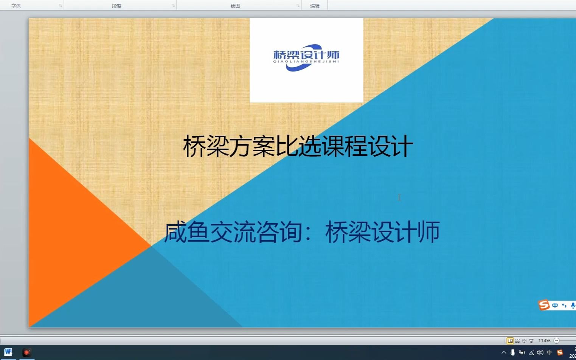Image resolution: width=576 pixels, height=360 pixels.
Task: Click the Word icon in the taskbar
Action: click(x=8, y=352)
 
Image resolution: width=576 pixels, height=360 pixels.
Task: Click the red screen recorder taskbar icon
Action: click(x=26, y=352)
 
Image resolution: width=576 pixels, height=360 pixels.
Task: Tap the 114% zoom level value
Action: click(x=544, y=341)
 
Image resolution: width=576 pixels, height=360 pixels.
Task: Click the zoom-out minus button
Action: click(x=556, y=341)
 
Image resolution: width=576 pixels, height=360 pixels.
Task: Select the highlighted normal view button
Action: click(x=510, y=341)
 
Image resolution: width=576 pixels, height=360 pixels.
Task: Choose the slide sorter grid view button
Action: click(x=517, y=341)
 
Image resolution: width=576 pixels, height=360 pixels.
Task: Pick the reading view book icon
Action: click(x=524, y=341)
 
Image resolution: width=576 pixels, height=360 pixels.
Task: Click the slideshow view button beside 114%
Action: click(x=531, y=341)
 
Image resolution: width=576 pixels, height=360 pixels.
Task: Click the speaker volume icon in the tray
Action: click(x=540, y=352)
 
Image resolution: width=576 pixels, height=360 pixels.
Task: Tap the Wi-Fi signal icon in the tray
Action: click(x=531, y=352)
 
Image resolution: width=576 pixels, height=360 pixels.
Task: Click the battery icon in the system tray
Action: click(x=522, y=352)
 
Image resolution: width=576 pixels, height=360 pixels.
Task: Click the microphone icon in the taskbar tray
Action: click(x=513, y=352)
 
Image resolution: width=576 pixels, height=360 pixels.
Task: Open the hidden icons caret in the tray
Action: click(x=504, y=352)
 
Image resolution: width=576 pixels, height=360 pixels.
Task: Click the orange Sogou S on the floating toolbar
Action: click(x=544, y=305)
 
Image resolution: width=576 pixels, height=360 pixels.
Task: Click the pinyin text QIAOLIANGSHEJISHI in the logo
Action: click(x=306, y=61)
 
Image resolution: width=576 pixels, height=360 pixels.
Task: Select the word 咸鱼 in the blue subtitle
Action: click(x=187, y=232)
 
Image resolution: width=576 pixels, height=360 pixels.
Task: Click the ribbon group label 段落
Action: click(x=116, y=6)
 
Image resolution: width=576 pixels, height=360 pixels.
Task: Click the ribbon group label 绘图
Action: click(x=235, y=6)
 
